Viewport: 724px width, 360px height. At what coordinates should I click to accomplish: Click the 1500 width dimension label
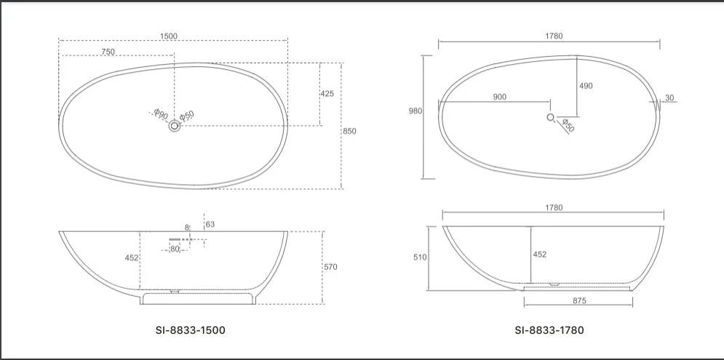coord(169,37)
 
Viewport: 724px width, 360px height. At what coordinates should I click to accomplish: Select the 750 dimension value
coord(108,52)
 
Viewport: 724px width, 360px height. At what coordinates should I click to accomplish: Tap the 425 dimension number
coord(327,94)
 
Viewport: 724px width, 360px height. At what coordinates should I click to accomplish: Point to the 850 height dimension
coord(349,131)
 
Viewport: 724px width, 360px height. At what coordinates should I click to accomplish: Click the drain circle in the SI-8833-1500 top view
coord(175,127)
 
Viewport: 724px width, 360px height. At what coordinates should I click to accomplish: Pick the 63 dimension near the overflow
coord(210,225)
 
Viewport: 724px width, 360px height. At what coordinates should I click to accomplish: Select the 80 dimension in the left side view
coord(175,249)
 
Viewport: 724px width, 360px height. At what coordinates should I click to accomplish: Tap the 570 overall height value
coord(330,267)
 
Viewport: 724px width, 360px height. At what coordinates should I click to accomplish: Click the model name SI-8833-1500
coord(191,330)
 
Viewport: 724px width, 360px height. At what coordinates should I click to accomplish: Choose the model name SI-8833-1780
coord(549,330)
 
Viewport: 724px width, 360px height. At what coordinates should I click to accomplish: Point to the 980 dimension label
coord(415,111)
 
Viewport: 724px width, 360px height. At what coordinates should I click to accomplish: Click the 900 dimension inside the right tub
coord(500,97)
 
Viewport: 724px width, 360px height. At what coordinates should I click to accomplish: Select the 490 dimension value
coord(586,86)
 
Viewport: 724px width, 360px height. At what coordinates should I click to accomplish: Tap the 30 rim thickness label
coord(669,97)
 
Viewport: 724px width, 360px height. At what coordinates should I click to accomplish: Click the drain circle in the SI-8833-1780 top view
coord(551,117)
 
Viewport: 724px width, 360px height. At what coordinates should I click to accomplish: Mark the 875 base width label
coord(579,300)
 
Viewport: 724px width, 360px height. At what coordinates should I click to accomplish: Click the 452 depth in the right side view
coord(540,255)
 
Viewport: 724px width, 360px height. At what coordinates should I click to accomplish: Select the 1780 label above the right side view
coord(553,207)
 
